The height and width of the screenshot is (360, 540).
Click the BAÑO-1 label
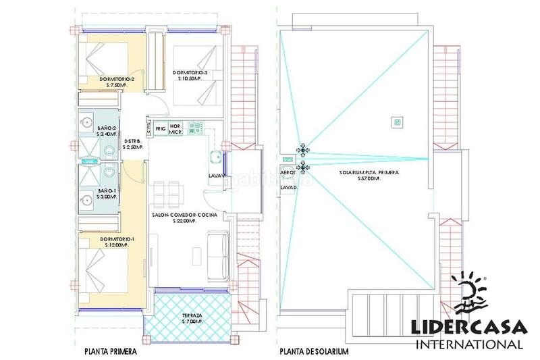click(x=107, y=190)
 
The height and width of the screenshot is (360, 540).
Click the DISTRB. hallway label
click(x=132, y=142)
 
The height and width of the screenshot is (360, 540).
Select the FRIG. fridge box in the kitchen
click(x=160, y=127)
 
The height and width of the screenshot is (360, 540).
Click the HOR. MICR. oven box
click(x=177, y=127)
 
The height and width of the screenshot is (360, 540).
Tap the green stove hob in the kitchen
click(x=196, y=126)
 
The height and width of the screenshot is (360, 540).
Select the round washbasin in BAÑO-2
click(x=86, y=123)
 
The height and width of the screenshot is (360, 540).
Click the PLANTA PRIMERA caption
click(x=111, y=351)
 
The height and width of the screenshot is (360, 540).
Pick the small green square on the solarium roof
click(x=398, y=122)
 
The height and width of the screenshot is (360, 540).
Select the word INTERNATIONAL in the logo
click(x=470, y=344)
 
